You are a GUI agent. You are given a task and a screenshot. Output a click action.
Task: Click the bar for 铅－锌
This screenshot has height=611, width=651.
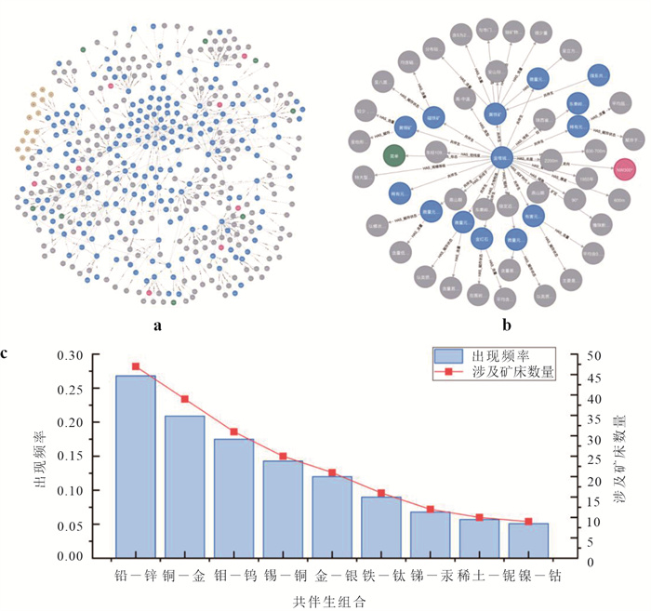(x=136, y=465)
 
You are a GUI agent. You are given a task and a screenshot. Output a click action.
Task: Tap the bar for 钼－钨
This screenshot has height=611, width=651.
(x=233, y=498)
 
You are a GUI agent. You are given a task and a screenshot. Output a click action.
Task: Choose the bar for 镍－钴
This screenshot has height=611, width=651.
(x=529, y=539)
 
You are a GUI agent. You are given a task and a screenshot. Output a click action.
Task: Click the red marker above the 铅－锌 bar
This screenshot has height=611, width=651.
(x=136, y=366)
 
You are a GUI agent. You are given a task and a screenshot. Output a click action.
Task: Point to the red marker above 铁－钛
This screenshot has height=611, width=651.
(x=381, y=493)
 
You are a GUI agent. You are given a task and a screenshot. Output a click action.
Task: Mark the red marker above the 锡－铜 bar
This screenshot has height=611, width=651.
(x=283, y=457)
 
